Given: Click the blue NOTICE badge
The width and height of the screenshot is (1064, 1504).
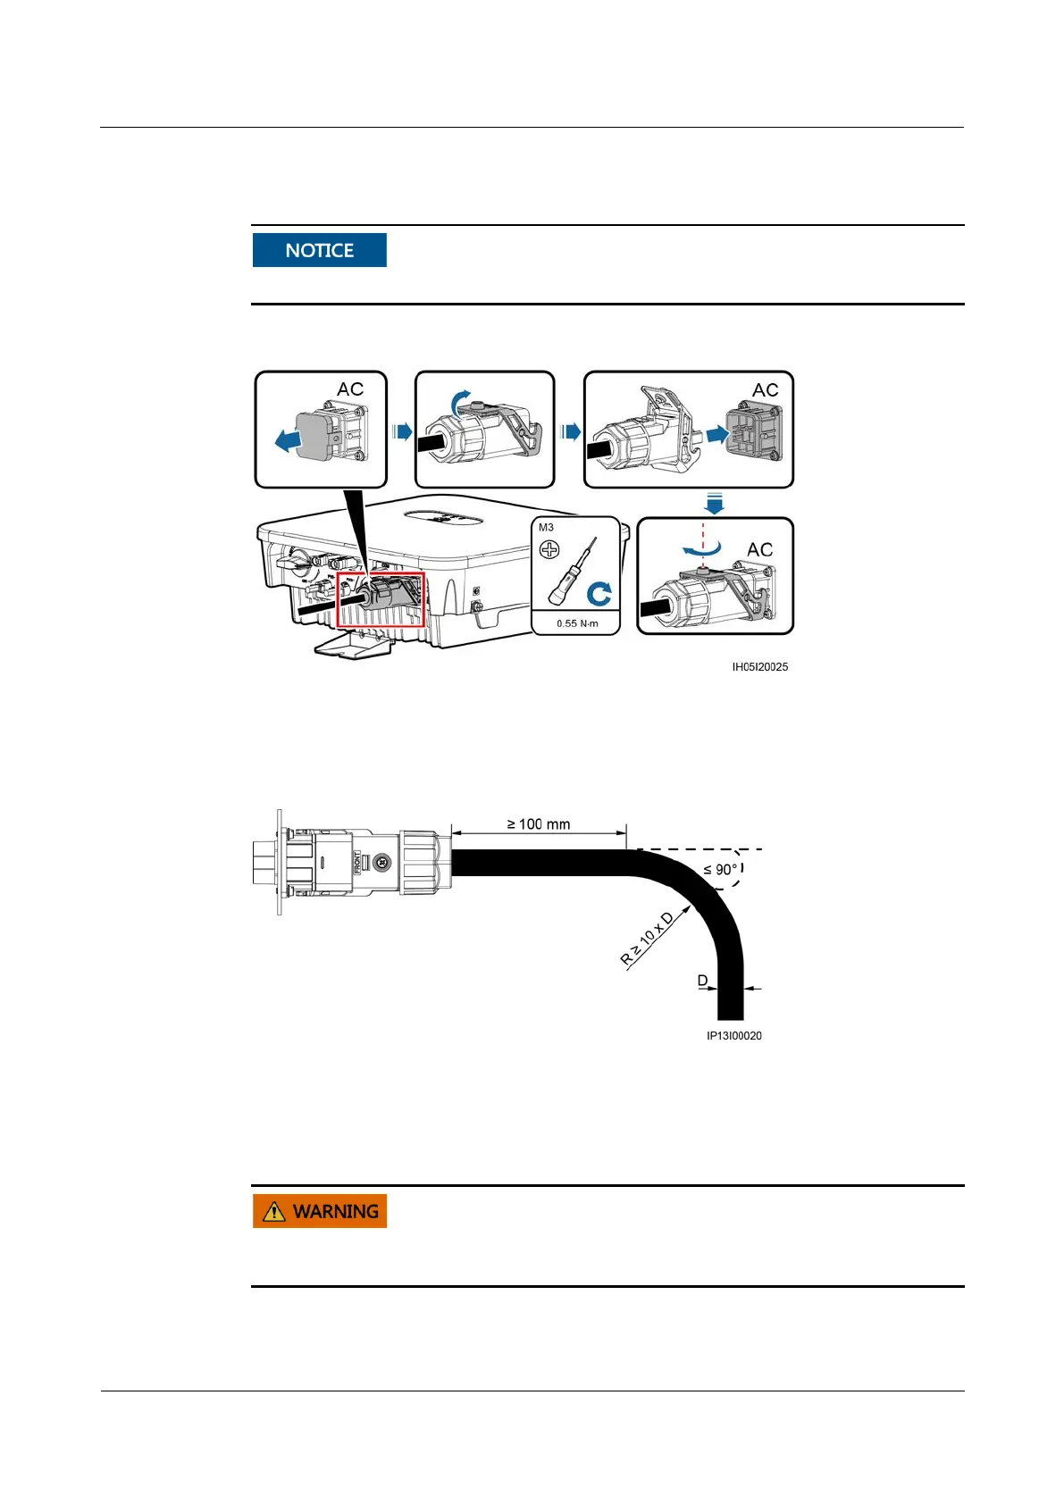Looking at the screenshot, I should (x=319, y=250).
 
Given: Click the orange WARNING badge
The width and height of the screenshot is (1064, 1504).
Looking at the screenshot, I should (x=319, y=1211).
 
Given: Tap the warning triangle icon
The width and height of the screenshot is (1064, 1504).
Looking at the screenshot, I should (x=274, y=1211).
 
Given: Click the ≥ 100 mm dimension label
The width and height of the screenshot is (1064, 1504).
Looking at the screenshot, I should (x=539, y=824).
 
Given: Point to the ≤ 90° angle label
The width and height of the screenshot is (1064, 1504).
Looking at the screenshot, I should (x=721, y=869).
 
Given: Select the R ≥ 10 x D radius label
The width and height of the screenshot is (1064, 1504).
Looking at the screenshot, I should (x=648, y=940).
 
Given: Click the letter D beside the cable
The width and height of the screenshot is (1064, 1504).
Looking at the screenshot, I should (x=702, y=981).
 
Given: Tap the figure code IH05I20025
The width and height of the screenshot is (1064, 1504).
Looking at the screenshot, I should (x=759, y=667).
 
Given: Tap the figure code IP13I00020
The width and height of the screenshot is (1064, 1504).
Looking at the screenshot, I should (x=733, y=1036).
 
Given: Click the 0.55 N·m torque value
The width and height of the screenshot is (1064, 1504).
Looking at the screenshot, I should (x=577, y=623).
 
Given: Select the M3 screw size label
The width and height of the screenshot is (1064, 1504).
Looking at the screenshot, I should (x=546, y=528).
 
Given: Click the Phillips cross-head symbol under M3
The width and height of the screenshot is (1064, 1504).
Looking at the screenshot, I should (x=549, y=548).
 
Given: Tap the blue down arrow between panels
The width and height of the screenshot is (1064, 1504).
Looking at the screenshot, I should (x=714, y=505).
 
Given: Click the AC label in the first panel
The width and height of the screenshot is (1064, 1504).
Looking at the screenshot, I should (x=350, y=389).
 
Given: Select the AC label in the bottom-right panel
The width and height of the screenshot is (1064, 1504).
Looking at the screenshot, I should (x=759, y=550).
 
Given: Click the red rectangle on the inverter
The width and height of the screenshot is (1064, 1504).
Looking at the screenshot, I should (x=381, y=601).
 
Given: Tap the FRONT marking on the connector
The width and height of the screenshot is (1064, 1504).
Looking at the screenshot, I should (x=356, y=863).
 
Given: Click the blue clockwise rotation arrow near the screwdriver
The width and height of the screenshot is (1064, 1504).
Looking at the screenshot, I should (x=599, y=593).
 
